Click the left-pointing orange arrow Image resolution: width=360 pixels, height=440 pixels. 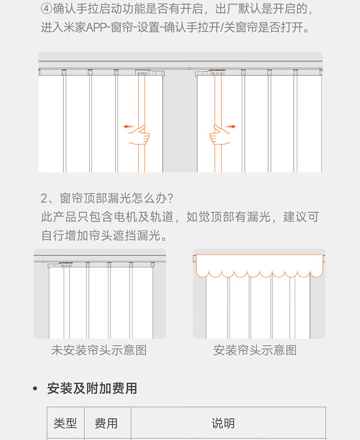point(128,127)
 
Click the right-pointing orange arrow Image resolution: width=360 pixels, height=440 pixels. point(230,127)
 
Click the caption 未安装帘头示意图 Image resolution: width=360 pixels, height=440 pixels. point(99,350)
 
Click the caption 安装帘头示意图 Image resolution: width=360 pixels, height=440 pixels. point(255,350)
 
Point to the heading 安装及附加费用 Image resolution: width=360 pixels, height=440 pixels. point(92,388)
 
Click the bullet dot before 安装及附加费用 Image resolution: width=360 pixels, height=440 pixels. point(35,388)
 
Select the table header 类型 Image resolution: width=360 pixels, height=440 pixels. point(65,423)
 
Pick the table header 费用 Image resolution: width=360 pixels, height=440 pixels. point(106,423)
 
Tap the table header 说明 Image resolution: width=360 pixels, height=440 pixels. point(223,423)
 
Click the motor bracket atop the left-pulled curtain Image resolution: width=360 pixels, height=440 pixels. point(149,73)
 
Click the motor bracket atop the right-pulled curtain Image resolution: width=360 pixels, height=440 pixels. point(211,73)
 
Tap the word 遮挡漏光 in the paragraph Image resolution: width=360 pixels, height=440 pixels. point(135,236)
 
